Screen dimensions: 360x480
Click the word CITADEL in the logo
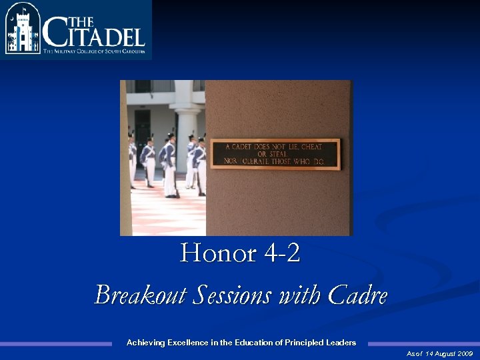(93, 33)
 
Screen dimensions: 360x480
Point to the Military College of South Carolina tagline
(93, 51)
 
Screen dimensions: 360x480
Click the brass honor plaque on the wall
(275, 154)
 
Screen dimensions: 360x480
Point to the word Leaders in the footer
(341, 343)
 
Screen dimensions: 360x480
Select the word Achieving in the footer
(146, 343)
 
